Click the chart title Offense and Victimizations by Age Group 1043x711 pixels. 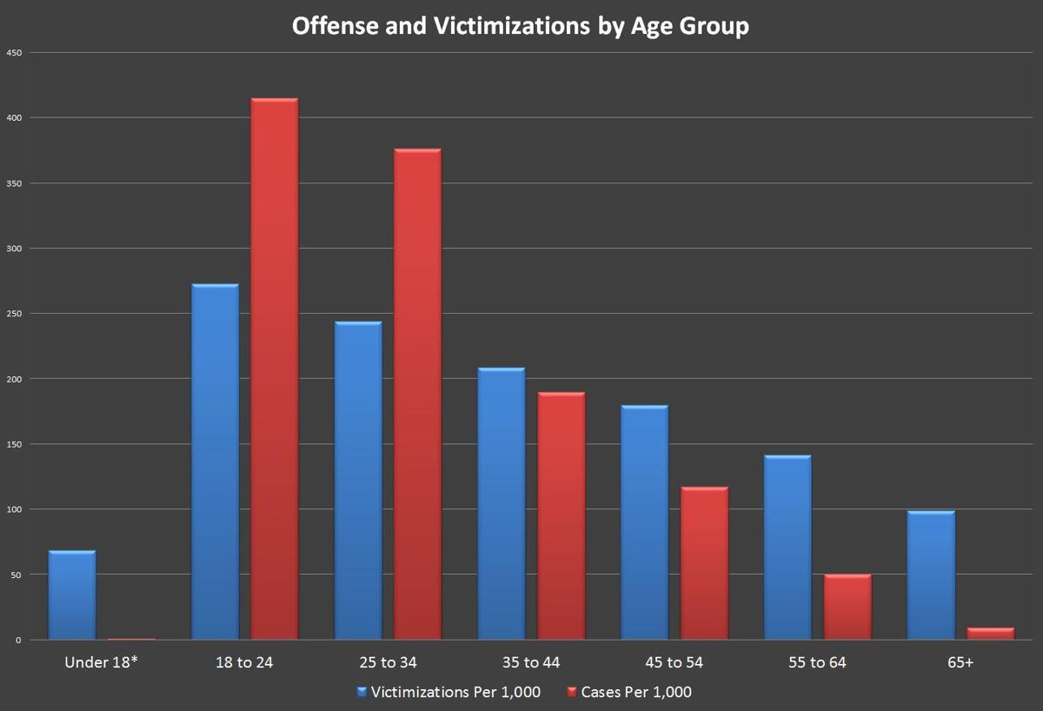click(520, 26)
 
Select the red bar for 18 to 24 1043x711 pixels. click(275, 369)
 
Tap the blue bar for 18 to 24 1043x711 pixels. click(215, 462)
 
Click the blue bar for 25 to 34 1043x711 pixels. click(358, 481)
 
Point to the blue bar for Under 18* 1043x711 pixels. click(72, 595)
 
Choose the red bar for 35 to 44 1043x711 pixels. click(561, 515)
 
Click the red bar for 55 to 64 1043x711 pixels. click(847, 607)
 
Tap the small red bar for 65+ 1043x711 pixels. click(991, 634)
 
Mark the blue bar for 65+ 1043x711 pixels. click(931, 575)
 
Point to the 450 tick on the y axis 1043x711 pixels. click(14, 53)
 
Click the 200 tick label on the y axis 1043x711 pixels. click(14, 379)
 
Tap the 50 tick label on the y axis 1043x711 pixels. click(16, 575)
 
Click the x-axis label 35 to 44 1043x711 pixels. click(531, 663)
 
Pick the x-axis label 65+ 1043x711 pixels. click(960, 663)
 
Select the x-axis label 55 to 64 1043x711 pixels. click(817, 663)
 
